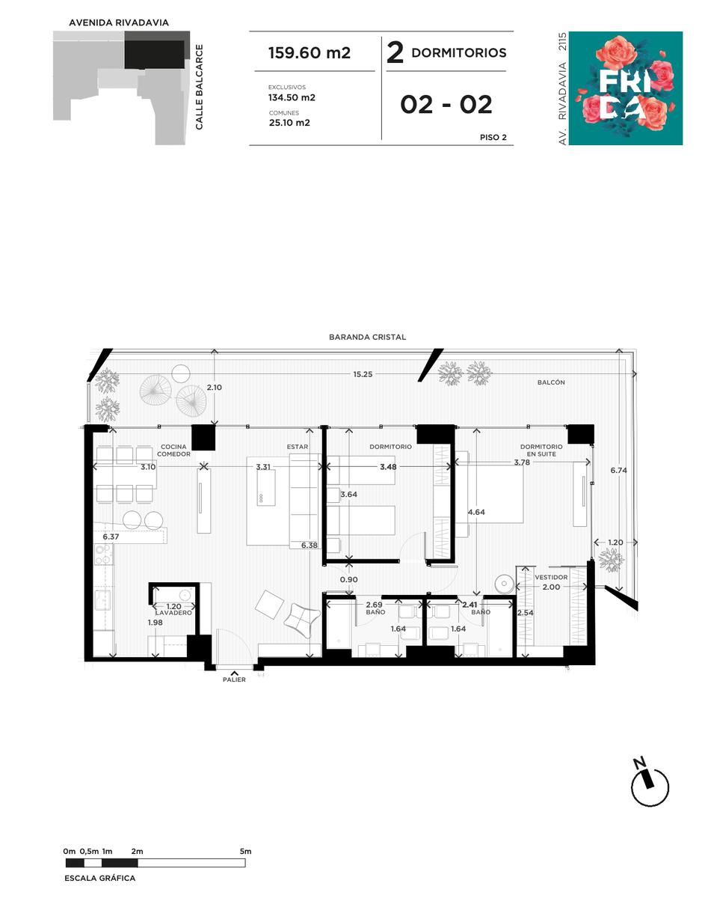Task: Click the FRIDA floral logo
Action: click(x=626, y=88)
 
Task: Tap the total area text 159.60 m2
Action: click(x=310, y=53)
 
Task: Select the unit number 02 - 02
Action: click(x=446, y=104)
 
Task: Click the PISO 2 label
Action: click(x=493, y=137)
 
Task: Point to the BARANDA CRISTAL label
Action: click(x=367, y=337)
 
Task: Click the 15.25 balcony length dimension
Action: click(x=363, y=374)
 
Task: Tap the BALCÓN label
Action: click(x=551, y=382)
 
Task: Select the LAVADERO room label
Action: click(x=173, y=613)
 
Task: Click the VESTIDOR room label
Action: click(x=551, y=577)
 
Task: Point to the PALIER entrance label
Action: click(x=234, y=679)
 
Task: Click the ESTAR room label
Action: click(x=298, y=447)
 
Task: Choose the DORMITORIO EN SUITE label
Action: click(x=541, y=450)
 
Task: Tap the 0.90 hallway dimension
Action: click(x=348, y=580)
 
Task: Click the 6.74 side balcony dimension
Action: click(x=619, y=470)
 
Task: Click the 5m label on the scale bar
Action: click(x=245, y=852)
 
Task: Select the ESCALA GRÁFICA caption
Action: click(x=100, y=879)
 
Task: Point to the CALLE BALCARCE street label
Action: click(x=200, y=88)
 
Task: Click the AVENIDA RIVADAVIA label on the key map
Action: click(x=119, y=23)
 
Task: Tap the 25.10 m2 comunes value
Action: click(x=289, y=123)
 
